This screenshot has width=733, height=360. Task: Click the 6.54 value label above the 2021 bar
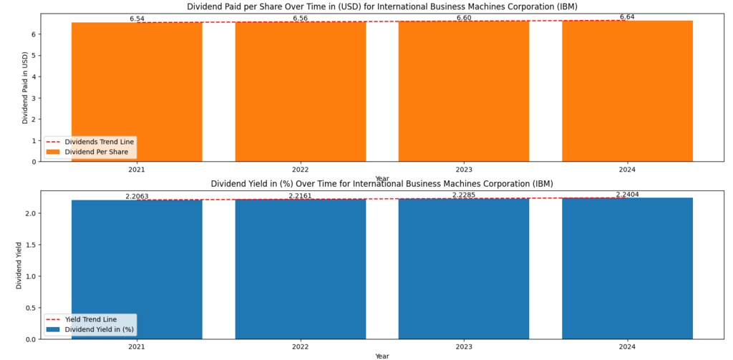(x=137, y=19)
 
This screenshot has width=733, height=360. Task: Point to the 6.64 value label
(x=627, y=16)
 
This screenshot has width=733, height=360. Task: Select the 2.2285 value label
(x=464, y=195)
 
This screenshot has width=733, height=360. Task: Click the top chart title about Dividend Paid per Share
(x=382, y=6)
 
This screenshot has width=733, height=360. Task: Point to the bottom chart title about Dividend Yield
(x=382, y=184)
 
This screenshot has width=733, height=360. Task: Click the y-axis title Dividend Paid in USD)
(x=25, y=87)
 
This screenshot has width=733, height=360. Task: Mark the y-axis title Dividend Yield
(x=19, y=266)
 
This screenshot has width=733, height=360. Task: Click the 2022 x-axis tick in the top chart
(x=301, y=170)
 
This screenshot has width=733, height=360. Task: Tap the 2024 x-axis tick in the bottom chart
(x=627, y=347)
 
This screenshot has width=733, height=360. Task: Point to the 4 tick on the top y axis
(x=32, y=77)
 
